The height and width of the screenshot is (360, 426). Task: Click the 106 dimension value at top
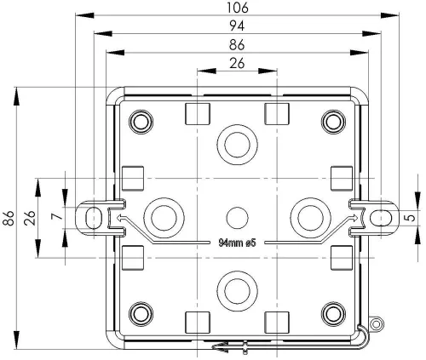[x=238, y=8]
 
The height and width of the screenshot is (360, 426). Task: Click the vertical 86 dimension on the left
[x=9, y=218]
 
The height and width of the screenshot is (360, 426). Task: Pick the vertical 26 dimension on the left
[x=30, y=218]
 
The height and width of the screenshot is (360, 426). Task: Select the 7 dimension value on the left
[x=56, y=218]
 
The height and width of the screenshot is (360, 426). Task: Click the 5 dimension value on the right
[x=413, y=218]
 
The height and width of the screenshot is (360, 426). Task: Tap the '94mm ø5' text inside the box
[x=231, y=243]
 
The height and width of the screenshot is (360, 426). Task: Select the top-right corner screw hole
[x=331, y=122]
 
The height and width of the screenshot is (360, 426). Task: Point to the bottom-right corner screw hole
[x=331, y=311]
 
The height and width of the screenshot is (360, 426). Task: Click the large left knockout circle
[x=163, y=216]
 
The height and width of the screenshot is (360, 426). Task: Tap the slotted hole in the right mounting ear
[x=382, y=217]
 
